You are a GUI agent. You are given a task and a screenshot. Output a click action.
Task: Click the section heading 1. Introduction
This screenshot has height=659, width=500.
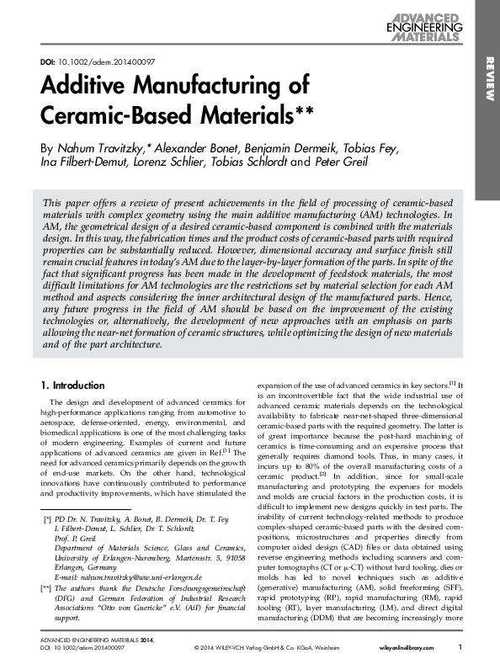[x=73, y=385]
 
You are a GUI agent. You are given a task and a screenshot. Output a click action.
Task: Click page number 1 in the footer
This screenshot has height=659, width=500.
[x=460, y=646]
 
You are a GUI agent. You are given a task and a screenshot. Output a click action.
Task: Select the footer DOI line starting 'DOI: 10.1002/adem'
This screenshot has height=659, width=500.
[x=82, y=647]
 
